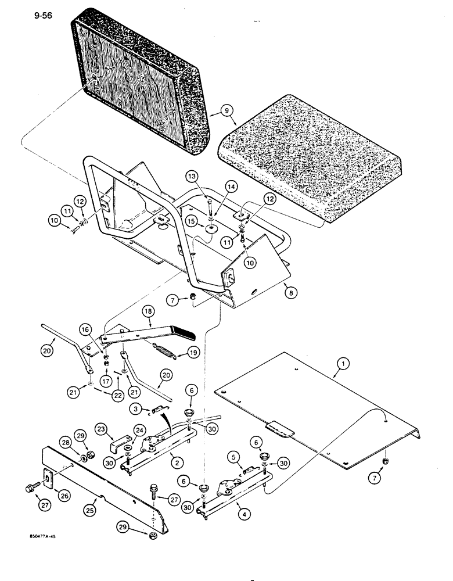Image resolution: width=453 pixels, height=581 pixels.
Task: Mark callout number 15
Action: coord(192,221)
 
